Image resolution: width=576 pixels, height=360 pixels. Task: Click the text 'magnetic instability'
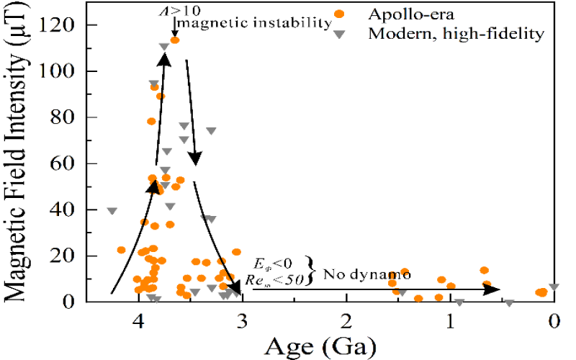click(x=254, y=23)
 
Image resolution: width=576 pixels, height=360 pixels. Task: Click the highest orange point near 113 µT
click(x=175, y=40)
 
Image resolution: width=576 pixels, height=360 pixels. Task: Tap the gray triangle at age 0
click(x=554, y=287)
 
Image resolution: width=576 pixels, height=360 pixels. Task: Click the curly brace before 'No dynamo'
click(x=311, y=270)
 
